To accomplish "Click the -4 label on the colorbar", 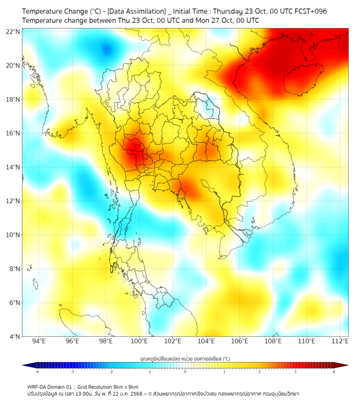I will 37,372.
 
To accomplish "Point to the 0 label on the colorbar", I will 185,372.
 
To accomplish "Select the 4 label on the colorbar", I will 333,372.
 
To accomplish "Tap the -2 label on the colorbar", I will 111,372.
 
